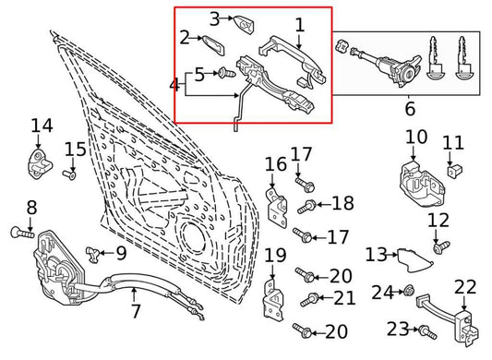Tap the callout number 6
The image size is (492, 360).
coord(411,109)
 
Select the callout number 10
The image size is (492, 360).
coord(416,137)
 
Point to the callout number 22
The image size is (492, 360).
coord(465,287)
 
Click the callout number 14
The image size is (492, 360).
coord(42,126)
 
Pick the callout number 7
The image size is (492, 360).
coord(135,311)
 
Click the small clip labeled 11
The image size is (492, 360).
coord(454,169)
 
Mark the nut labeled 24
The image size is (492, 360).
coord(407,293)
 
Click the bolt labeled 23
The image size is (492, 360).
coord(426,329)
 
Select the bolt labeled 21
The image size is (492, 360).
coord(315,298)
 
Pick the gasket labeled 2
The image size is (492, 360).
coord(211,44)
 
